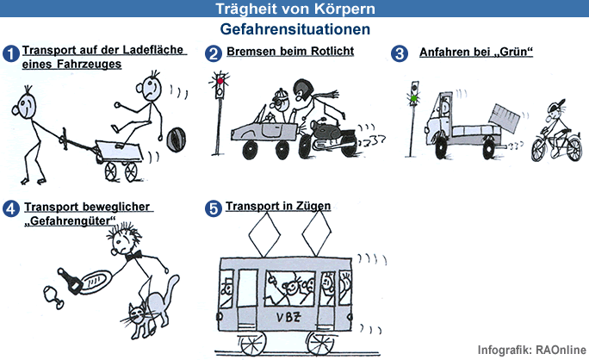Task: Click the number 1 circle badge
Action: point(11,53)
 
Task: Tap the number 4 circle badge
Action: point(11,208)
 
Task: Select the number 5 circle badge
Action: point(214,208)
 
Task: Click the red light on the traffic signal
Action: point(220,81)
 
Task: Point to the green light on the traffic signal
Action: point(414,98)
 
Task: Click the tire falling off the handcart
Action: point(176,140)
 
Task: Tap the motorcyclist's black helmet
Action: point(303,90)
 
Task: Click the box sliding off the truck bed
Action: point(504,118)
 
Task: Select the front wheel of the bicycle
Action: point(541,150)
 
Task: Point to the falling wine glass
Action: point(53,297)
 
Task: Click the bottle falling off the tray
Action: point(71,281)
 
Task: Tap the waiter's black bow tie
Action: point(134,256)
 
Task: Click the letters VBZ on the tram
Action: point(288,318)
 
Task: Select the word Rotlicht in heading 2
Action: point(332,51)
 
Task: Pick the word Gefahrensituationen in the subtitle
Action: point(294,29)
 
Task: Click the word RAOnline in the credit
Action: point(561,350)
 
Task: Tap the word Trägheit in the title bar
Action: point(246,9)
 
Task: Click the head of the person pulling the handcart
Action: point(26,106)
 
